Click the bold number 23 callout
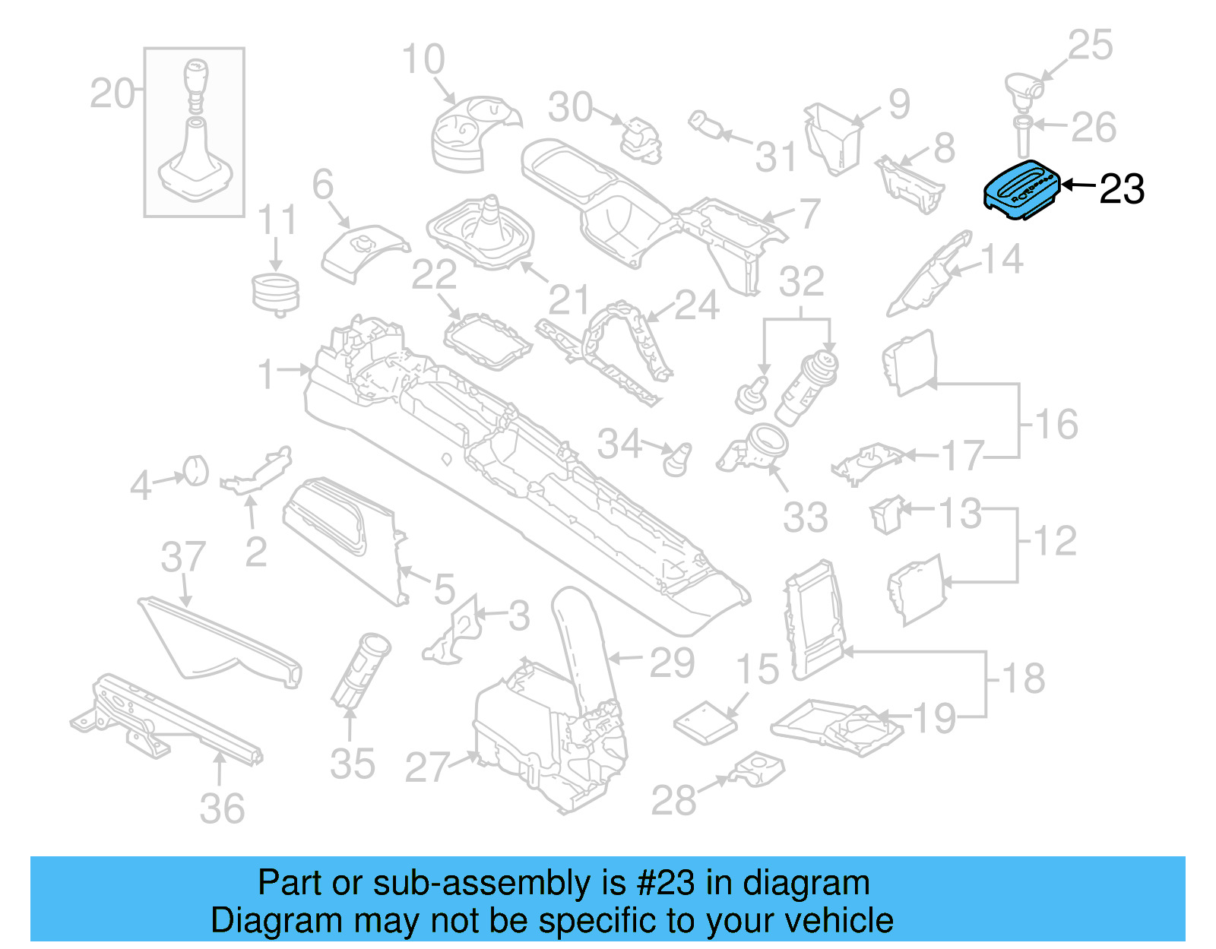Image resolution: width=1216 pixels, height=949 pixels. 1122,189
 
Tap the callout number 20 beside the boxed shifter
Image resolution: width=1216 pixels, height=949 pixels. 112,94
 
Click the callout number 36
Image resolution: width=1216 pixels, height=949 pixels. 222,808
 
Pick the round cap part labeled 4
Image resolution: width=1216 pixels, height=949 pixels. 196,470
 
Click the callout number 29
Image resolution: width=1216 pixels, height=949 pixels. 672,663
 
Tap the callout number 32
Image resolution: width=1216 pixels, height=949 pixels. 801,282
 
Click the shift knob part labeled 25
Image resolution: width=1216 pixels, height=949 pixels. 1023,90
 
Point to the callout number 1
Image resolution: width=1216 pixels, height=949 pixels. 265,374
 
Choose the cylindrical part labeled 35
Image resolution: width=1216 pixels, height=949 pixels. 361,669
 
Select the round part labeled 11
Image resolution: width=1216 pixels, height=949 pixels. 275,295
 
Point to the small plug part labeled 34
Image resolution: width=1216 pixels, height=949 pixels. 676,459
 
